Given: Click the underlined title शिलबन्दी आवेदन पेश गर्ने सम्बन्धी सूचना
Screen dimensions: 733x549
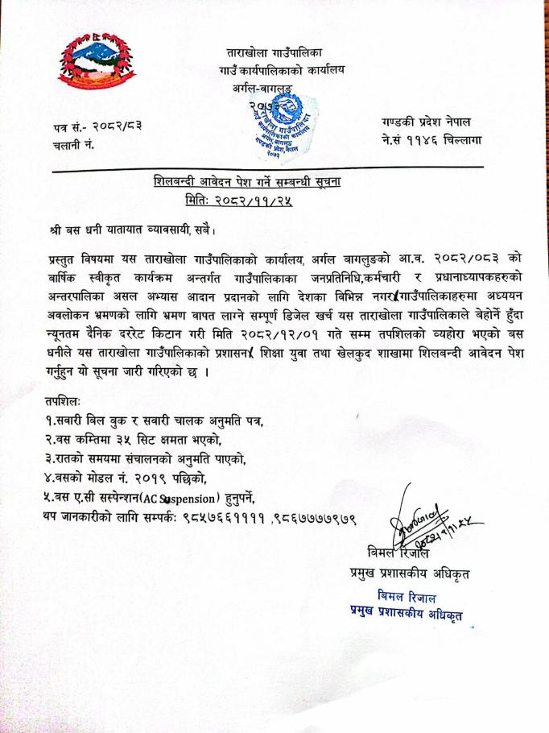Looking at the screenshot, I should [x=246, y=181].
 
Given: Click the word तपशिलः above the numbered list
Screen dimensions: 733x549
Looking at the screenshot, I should [x=63, y=400].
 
